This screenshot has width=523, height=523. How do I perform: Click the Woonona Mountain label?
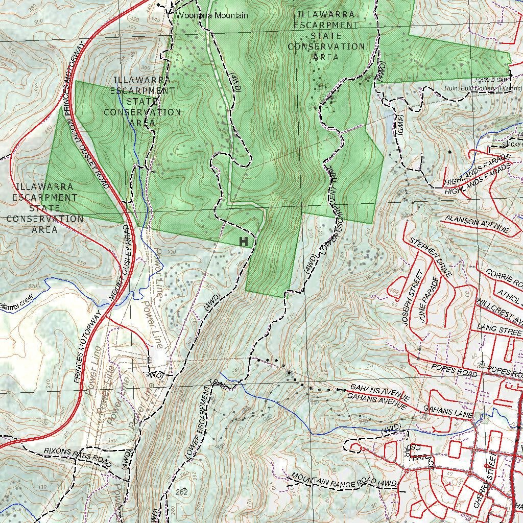pos(211,15)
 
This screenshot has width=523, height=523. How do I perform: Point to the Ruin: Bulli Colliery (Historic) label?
pos(483,88)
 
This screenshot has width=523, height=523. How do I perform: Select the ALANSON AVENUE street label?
pos(477,224)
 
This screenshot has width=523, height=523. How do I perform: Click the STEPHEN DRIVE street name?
pos(431,257)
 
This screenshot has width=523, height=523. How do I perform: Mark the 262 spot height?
pos(181,492)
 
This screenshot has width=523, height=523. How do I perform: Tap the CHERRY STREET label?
pos(485,482)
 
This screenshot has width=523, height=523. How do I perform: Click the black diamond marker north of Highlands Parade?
pos(449,152)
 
